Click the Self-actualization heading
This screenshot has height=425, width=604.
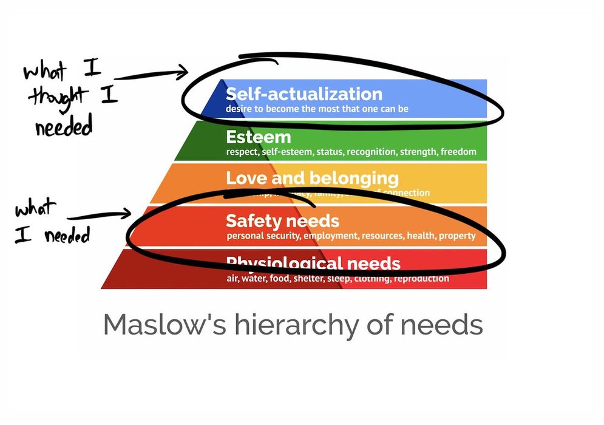(304, 94)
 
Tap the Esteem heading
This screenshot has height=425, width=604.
(258, 137)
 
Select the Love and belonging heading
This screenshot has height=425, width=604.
(312, 178)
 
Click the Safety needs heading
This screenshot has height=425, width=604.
(282, 220)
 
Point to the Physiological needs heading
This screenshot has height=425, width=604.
(313, 263)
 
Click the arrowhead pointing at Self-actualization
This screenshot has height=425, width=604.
(183, 73)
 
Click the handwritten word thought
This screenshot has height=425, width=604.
(57, 97)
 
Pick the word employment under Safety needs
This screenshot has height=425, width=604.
(330, 236)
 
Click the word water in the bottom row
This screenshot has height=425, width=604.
(254, 279)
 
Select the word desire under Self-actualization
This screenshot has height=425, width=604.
(240, 109)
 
